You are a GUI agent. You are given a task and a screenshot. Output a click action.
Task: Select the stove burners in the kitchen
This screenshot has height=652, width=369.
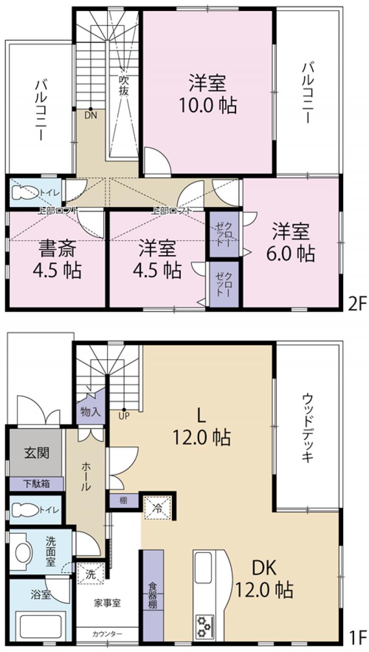pyautogui.click(x=205, y=626)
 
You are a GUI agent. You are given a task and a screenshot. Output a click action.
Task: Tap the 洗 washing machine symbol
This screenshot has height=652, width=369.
pyautogui.click(x=90, y=575)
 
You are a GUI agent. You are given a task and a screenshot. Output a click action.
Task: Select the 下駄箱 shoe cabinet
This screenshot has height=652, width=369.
pyautogui.click(x=36, y=484)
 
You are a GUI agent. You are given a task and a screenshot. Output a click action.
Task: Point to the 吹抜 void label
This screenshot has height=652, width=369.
pyautogui.click(x=124, y=85)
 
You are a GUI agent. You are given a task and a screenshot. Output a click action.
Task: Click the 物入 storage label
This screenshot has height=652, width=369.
pyautogui.click(x=90, y=412)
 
